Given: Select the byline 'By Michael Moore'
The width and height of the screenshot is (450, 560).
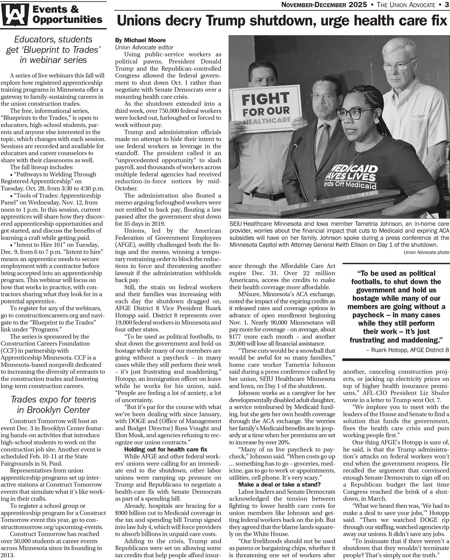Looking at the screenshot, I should coord(140,40).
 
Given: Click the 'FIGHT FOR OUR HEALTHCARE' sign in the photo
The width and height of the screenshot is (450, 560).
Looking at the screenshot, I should coord(265,109).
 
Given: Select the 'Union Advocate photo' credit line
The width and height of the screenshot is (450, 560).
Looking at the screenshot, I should coord(426,252).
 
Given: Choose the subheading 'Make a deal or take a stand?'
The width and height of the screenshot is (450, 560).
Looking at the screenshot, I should coord(279,485).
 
